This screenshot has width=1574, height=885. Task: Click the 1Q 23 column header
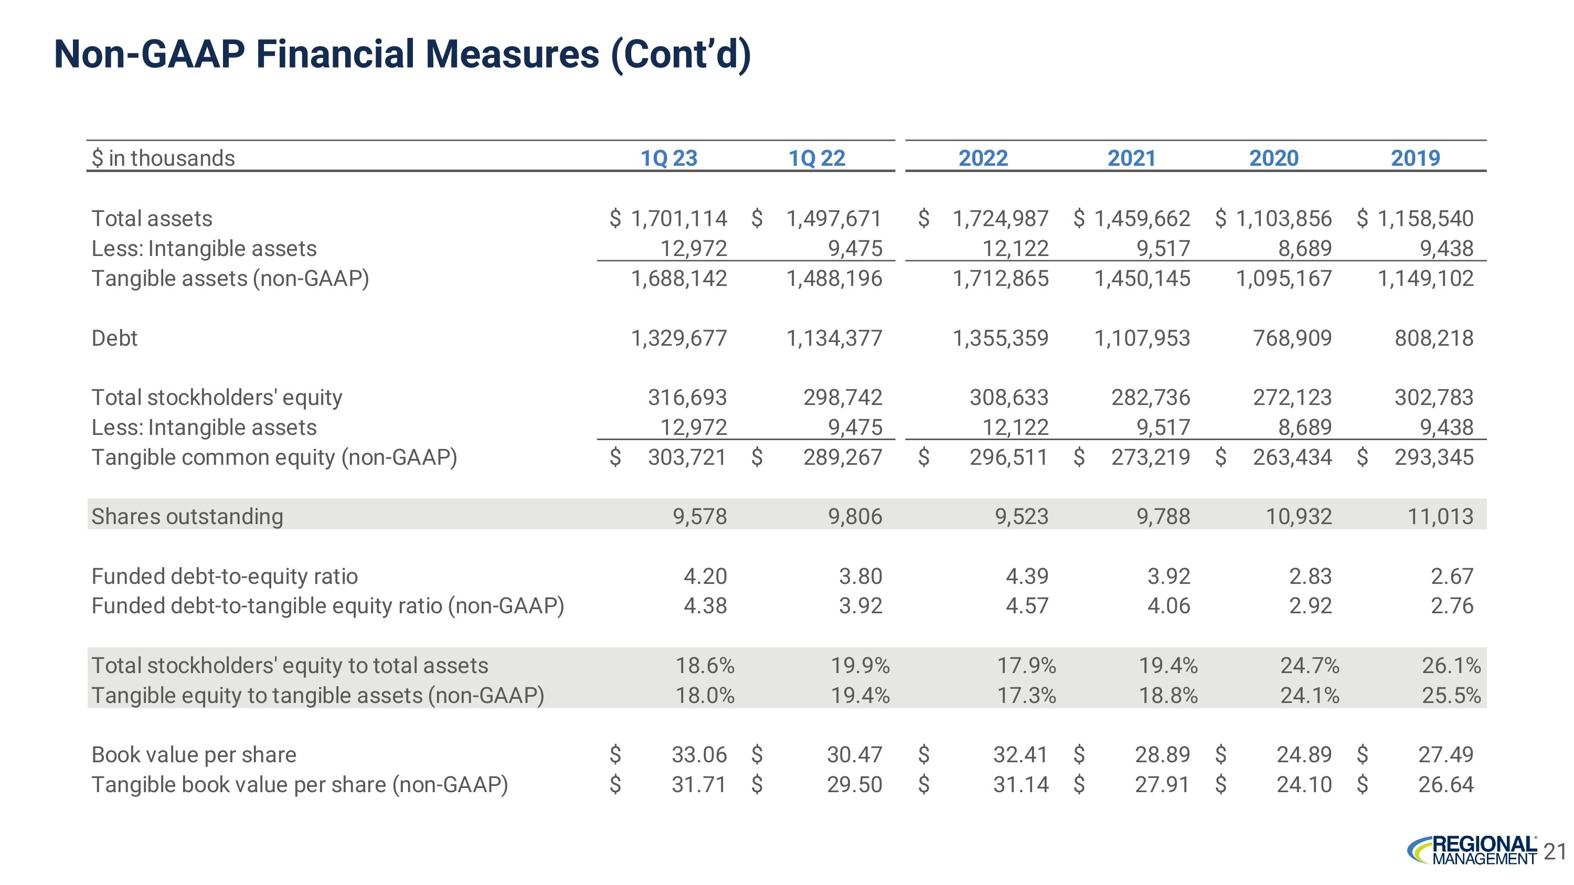[x=668, y=158]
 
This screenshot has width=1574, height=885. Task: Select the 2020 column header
[x=1273, y=158]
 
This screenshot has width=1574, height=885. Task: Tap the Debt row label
[x=114, y=338]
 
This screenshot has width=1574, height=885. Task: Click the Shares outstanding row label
[x=187, y=516]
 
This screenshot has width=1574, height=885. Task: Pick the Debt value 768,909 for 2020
[x=1292, y=338]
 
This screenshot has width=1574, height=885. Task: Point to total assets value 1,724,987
[x=1000, y=218]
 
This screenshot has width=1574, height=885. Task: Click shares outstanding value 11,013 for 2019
[x=1440, y=516]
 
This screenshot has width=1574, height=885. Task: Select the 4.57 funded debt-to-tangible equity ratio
[x=1027, y=605]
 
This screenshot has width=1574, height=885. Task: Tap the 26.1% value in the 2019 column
[x=1451, y=665]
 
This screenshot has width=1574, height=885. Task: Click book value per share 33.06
[x=699, y=754]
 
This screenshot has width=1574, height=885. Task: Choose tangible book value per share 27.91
[x=1162, y=784]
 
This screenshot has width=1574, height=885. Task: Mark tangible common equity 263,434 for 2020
[x=1292, y=457]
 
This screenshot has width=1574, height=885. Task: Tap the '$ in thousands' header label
[x=163, y=158]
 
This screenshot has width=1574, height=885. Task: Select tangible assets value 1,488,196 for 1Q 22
[x=834, y=279]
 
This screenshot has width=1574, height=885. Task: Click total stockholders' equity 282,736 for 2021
[x=1150, y=397]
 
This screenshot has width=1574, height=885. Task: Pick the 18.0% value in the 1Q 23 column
[x=705, y=695]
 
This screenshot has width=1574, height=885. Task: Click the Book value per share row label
[x=194, y=754]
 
